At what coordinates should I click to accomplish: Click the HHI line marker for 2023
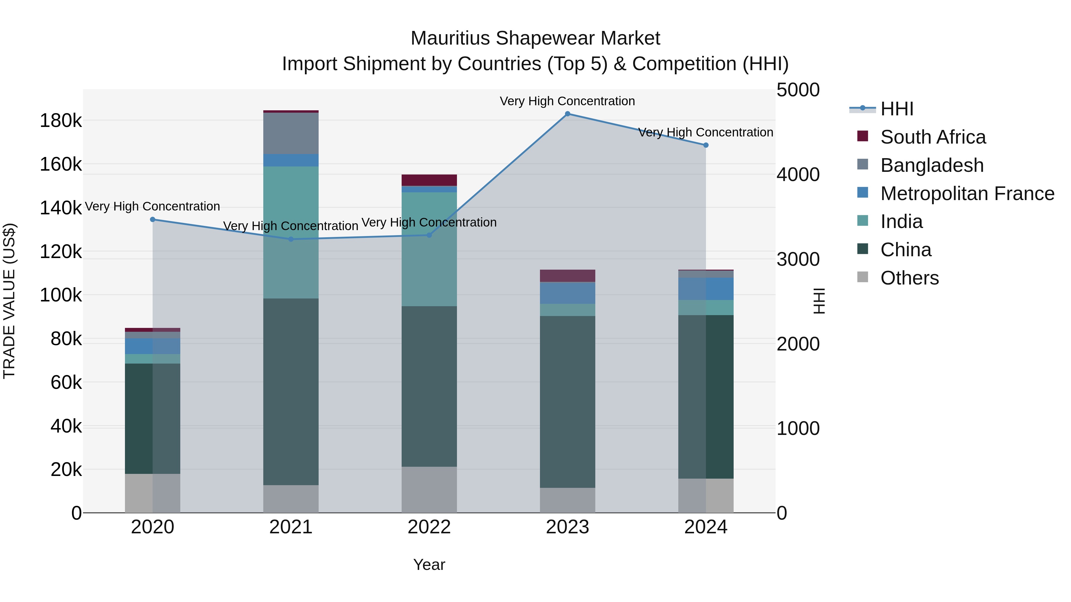(x=568, y=114)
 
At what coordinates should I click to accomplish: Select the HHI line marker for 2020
(x=153, y=219)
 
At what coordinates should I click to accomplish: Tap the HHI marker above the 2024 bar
(x=706, y=145)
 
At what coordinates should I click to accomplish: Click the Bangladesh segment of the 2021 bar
(x=291, y=133)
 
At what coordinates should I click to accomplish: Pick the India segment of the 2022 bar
(x=429, y=249)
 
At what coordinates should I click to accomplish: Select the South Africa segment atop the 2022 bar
(x=429, y=180)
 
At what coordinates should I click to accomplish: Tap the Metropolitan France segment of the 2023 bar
(x=568, y=293)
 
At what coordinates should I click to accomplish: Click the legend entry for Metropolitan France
(x=967, y=194)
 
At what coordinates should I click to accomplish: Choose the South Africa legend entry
(x=933, y=137)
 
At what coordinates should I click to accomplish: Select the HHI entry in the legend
(x=896, y=109)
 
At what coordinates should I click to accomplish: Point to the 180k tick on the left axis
(x=61, y=121)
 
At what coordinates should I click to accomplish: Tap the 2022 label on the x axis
(x=429, y=527)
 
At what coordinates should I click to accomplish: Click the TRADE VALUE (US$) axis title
(x=9, y=301)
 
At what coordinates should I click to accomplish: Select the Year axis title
(x=429, y=565)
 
